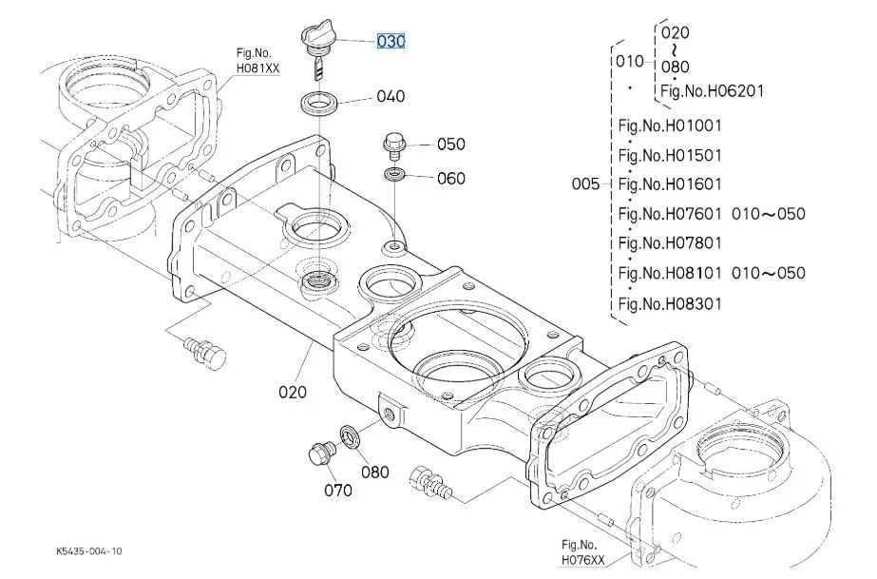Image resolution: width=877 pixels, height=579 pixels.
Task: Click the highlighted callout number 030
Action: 391,42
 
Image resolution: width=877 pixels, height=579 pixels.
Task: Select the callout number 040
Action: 390,96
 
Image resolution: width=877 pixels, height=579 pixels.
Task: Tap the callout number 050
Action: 450,145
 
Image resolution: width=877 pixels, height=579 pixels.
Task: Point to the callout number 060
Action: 450,178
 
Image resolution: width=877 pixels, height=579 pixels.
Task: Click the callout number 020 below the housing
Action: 293,391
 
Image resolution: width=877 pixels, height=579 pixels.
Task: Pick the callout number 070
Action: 336,490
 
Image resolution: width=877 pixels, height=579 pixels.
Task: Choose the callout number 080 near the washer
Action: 374,472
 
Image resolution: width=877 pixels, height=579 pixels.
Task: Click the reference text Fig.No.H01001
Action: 670,125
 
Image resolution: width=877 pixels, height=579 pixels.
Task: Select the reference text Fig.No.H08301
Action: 670,304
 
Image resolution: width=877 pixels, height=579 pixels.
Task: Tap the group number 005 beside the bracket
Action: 586,184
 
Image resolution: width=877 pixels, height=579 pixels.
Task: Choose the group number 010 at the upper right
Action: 628,63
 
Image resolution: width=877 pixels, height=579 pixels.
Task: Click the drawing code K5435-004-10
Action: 89,551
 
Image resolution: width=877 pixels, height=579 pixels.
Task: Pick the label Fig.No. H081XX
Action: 257,62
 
